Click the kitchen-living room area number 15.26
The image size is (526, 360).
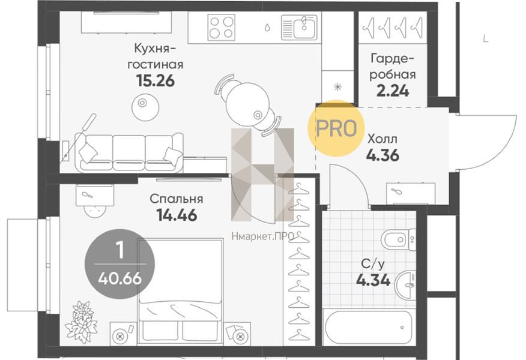(156, 80)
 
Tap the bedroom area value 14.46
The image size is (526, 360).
(177, 215)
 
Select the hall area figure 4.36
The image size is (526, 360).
(382, 155)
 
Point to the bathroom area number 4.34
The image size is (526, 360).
(373, 280)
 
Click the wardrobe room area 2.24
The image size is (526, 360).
(393, 91)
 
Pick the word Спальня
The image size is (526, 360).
(177, 199)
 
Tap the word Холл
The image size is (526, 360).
(382, 139)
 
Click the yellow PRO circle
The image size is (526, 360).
(336, 128)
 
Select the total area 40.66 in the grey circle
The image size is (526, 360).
(119, 278)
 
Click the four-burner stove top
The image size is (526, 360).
(221, 27)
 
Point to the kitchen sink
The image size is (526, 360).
(299, 26)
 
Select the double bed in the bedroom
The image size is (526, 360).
(181, 292)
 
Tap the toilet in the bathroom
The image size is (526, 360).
(399, 239)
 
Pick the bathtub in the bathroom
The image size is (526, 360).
(368, 327)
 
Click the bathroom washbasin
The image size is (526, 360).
(405, 285)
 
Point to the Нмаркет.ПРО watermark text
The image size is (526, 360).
(262, 236)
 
